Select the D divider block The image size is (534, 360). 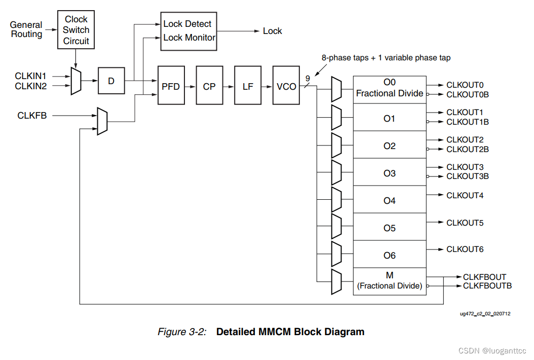pos(111,80)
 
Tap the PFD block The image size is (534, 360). pos(171,86)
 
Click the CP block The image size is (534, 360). pos(209,86)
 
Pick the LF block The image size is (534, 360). pos(248,86)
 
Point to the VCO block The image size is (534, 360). pos(286,86)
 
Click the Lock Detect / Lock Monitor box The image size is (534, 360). pos(188,31)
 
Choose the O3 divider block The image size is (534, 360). pos(389,173)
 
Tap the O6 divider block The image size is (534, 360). pos(389,256)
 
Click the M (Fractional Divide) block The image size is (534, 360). pos(389,281)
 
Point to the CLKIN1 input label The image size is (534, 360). pos(30,76)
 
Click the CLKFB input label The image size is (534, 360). pos(32,116)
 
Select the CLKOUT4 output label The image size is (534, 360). pos(465,195)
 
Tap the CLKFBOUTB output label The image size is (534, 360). pos(487,286)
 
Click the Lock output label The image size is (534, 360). pos(272,31)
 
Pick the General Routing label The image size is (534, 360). pos(26,29)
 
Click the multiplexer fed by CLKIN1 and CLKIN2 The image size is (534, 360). pos(75,81)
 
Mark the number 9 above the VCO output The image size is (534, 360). pos(307,78)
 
